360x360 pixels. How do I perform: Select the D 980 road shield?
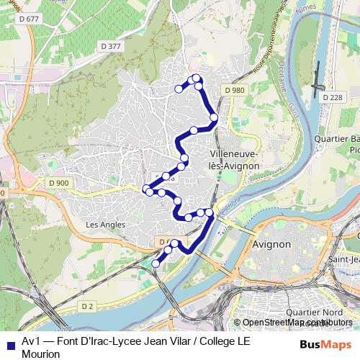tap(234, 90)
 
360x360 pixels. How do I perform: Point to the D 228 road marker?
tap(333, 96)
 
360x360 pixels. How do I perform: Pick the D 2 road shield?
tap(87, 306)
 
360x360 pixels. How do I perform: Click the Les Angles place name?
tap(105, 225)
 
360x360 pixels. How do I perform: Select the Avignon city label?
tap(272, 244)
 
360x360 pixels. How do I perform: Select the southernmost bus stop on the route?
tap(156, 264)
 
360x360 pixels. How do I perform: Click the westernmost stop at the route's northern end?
tap(179, 89)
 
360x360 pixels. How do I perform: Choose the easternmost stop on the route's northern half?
tap(214, 117)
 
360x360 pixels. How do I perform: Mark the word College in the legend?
tap(209, 341)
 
